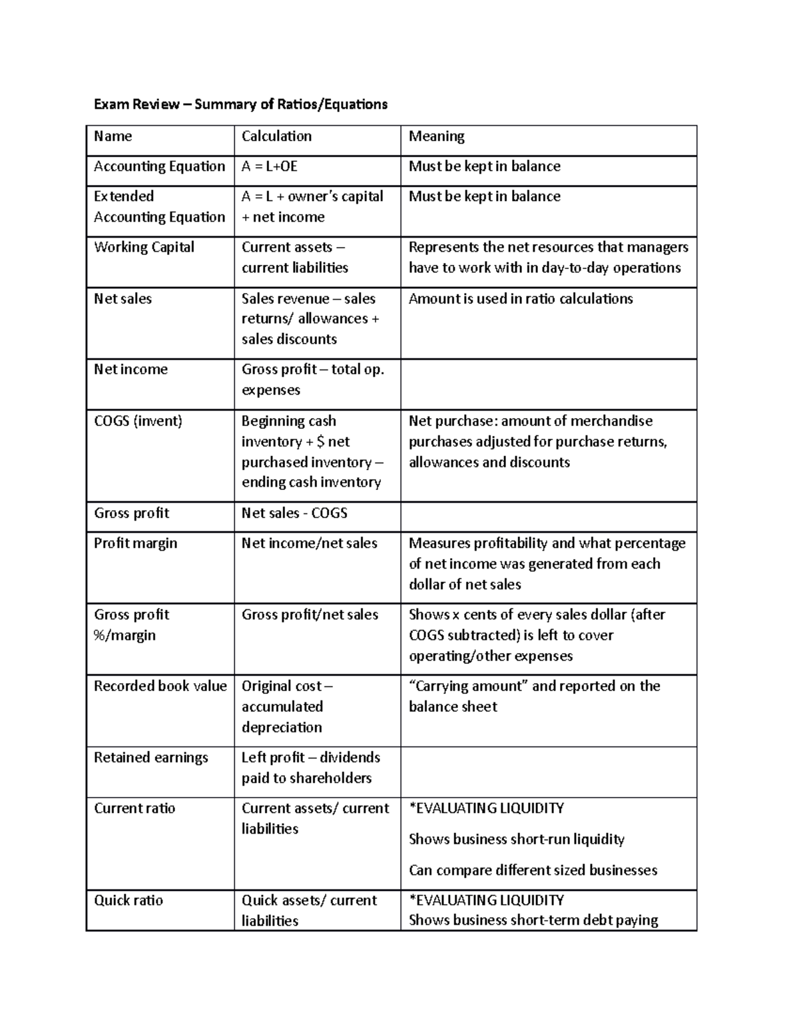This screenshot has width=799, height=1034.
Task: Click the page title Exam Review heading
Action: pos(240,104)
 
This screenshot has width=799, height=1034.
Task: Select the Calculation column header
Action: pos(276,136)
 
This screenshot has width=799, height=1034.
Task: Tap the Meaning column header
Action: pos(437,136)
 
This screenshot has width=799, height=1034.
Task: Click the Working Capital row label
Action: pos(144,247)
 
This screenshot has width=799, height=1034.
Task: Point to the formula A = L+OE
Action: pos(269,166)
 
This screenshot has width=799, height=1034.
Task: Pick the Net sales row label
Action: pos(123,299)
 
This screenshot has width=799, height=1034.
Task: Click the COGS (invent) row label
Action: pos(138,421)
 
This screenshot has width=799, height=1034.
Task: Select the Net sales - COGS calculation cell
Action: pos(294,513)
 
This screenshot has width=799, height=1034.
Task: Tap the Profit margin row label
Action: pos(135,543)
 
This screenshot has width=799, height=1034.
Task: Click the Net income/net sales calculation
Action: pos(309,543)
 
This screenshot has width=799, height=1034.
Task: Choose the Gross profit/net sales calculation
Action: pos(310,615)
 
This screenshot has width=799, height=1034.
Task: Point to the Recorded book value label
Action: pos(160,686)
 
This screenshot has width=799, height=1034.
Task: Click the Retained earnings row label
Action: pos(150,758)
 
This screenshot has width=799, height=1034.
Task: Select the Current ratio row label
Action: pos(134,808)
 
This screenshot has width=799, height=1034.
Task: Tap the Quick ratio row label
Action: pos(128,900)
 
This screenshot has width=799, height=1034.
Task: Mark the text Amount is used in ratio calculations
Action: pos(521,299)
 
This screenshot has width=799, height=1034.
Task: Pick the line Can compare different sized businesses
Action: pos(533,870)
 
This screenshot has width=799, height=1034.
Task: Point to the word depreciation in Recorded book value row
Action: pos(282,727)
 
